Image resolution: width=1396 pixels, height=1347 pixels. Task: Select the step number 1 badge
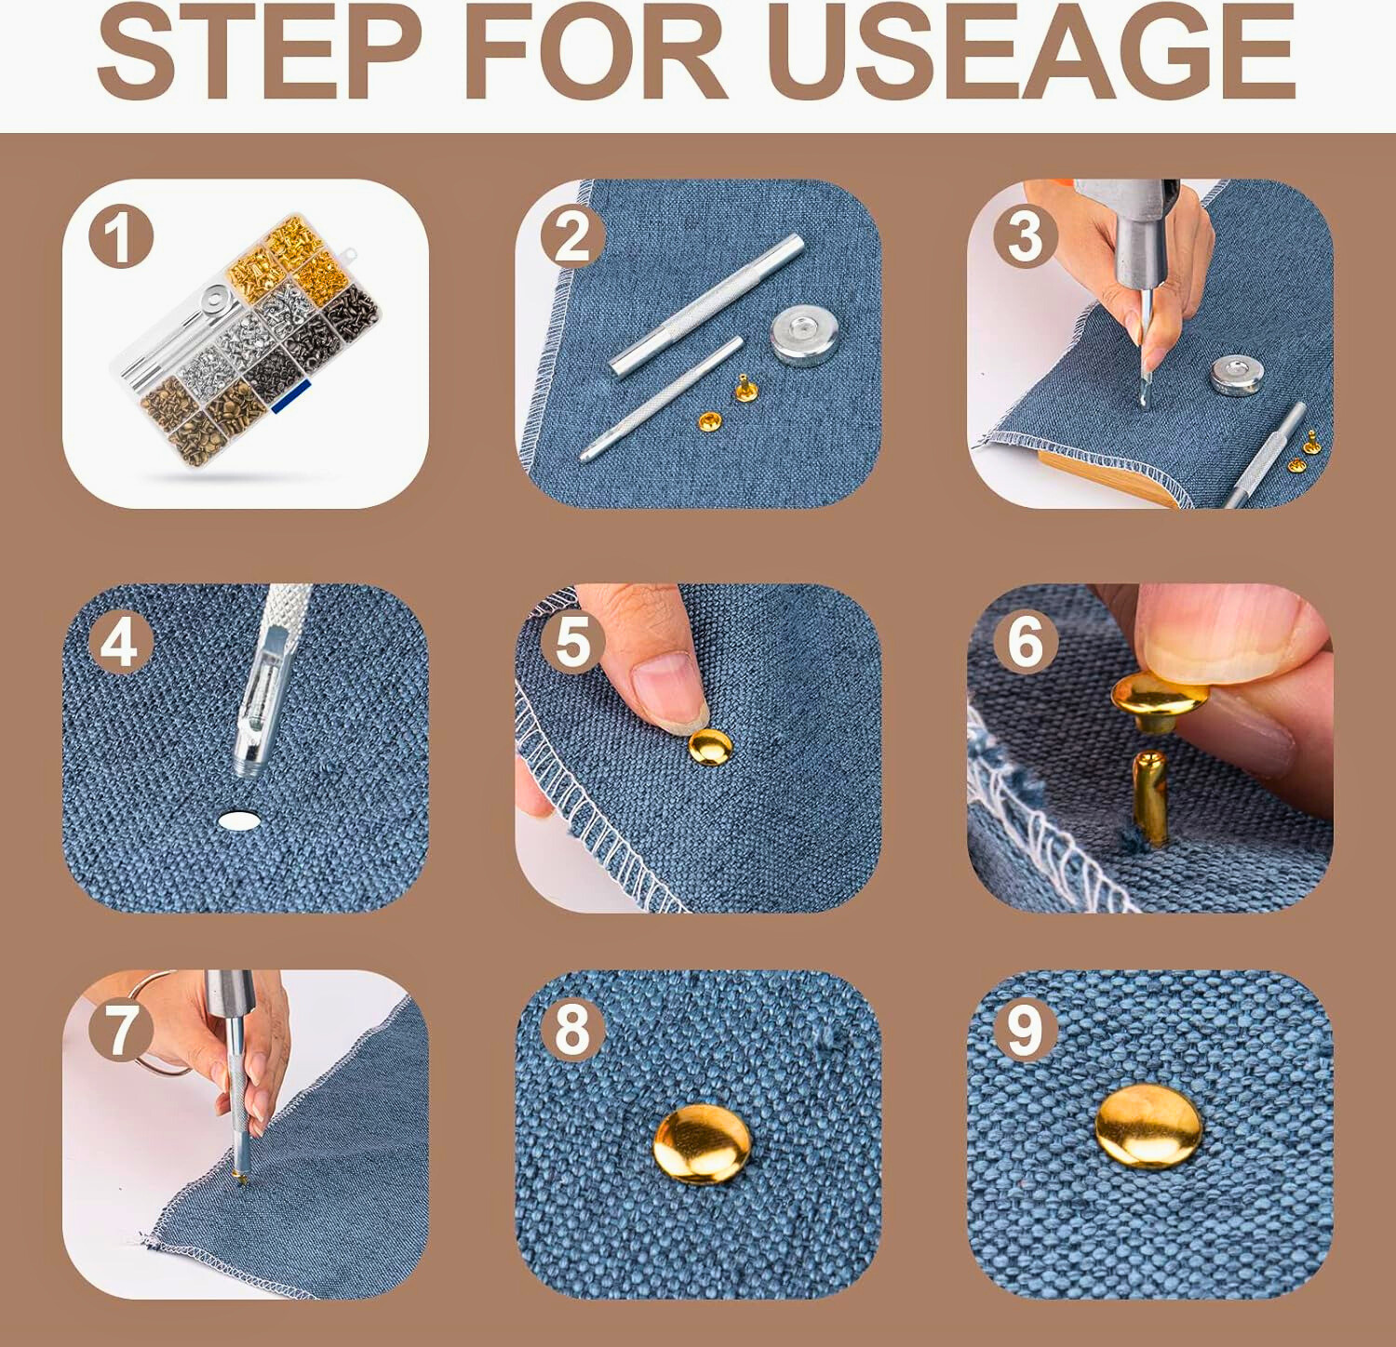click(121, 237)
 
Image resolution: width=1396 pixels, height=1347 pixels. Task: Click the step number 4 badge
click(120, 642)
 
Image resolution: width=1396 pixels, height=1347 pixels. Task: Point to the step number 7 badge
click(120, 1030)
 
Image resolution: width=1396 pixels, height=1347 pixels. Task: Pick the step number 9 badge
click(1026, 1030)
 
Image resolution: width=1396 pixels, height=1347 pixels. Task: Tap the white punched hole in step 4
click(239, 820)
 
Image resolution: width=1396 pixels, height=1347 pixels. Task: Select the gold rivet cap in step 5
click(711, 747)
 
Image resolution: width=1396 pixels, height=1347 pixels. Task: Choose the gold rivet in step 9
click(1148, 1126)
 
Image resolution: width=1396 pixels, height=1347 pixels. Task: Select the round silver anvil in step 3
click(1243, 375)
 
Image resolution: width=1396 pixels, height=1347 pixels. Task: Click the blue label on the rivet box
click(290, 393)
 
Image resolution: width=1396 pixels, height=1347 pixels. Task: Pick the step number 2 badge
click(572, 237)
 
